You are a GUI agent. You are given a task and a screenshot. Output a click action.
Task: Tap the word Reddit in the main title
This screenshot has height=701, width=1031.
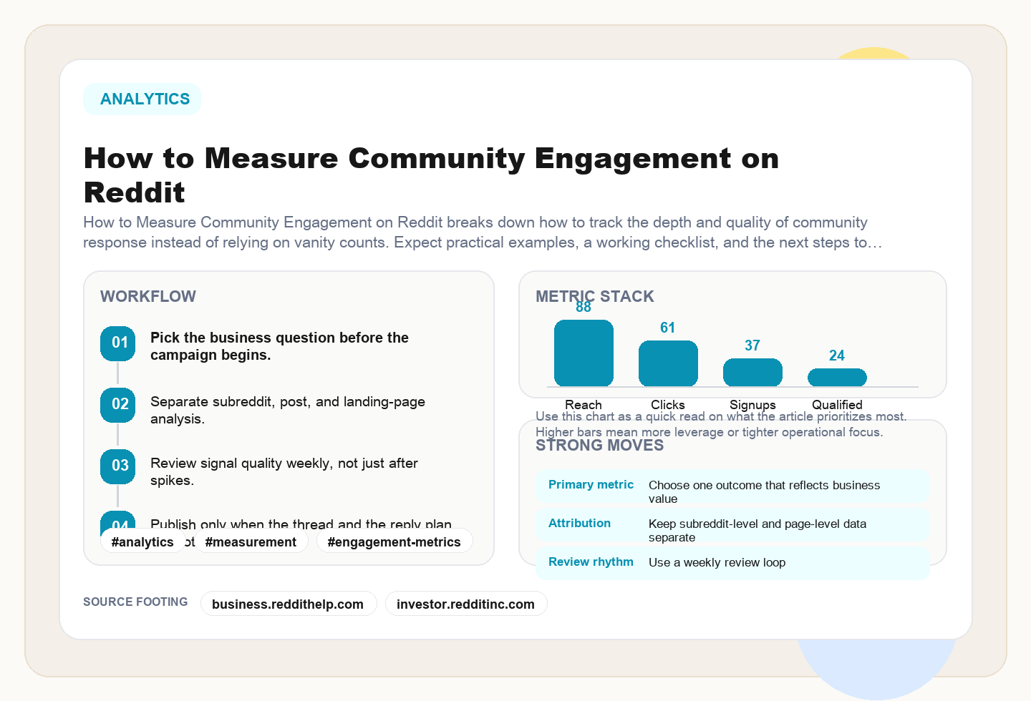point(135,193)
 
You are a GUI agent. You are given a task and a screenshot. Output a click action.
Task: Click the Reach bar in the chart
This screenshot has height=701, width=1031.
point(584,353)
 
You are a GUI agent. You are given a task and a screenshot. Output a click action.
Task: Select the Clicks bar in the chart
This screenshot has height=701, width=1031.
point(668,363)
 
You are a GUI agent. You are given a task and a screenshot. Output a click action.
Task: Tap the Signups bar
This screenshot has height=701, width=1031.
point(752,373)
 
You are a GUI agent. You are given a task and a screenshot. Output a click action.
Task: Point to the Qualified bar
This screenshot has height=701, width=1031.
point(837,377)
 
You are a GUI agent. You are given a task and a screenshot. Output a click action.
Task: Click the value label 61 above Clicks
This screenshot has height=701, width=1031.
point(668,328)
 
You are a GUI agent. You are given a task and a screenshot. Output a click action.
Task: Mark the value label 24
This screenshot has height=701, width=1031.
point(837,356)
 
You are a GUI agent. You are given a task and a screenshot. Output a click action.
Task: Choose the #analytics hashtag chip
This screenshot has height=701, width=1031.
point(142,541)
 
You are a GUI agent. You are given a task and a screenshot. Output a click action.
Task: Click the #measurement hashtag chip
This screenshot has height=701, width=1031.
point(251,541)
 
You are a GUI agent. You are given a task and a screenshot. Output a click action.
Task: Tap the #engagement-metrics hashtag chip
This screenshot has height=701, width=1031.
point(394,541)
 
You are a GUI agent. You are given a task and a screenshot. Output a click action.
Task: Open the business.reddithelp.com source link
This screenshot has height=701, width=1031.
point(288,604)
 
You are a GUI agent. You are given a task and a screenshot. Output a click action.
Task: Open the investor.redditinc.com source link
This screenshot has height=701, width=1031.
point(465,604)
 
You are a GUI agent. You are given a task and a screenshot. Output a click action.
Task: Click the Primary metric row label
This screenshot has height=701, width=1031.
point(591,485)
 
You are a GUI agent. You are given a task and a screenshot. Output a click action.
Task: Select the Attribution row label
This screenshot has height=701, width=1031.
point(579,524)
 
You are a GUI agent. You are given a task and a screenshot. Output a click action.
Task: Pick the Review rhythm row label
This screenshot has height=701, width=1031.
point(591,562)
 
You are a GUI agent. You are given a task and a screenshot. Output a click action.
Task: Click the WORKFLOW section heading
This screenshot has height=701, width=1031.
point(148,296)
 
